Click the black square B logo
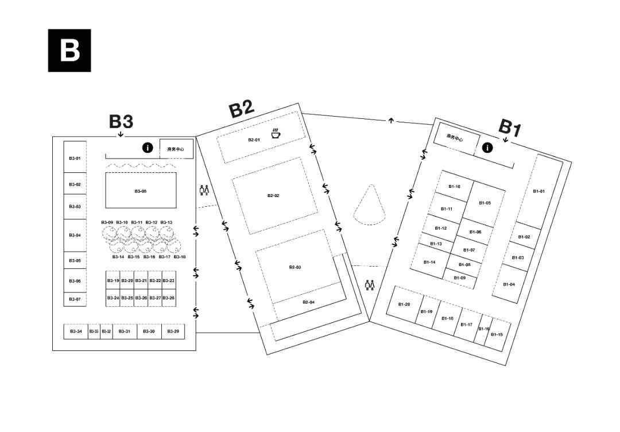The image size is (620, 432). (x=69, y=50)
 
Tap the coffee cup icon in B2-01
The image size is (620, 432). (x=276, y=133)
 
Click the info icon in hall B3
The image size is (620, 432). (x=148, y=148)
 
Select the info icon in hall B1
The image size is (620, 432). (x=487, y=148)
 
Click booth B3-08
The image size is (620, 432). (x=141, y=190)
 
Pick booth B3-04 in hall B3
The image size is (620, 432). (x=75, y=236)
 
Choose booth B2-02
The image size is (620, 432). (x=274, y=195)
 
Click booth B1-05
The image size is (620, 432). (x=485, y=203)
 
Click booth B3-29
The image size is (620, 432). (x=173, y=331)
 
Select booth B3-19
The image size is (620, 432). (x=113, y=280)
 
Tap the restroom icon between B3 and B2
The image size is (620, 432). (x=204, y=190)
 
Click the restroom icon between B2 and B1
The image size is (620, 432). (x=370, y=285)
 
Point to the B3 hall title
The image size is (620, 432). (x=121, y=122)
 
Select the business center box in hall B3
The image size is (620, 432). (x=176, y=149)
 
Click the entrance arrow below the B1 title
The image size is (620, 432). (x=506, y=140)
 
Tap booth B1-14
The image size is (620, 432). (x=430, y=261)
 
